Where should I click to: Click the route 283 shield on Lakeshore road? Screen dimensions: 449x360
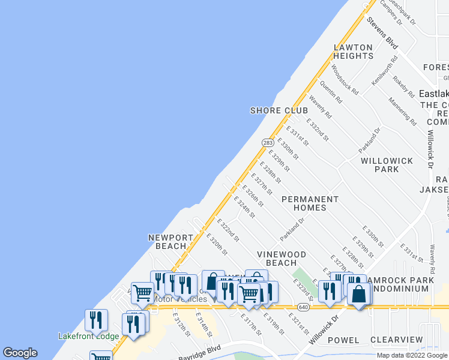pos(268,142)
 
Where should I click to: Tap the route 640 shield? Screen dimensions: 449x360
pos(303,307)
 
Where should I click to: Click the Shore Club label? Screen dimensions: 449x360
pos(279,110)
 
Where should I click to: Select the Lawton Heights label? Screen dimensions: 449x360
pos(353,51)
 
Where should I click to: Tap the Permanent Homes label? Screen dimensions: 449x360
pos(310,203)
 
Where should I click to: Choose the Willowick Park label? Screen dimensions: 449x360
pos(380,165)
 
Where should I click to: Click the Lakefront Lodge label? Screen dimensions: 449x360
pos(88,336)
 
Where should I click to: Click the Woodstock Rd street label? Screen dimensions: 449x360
pos(345,81)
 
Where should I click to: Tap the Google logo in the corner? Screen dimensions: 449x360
pos(20,353)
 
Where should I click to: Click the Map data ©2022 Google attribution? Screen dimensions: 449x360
pos(411,355)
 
